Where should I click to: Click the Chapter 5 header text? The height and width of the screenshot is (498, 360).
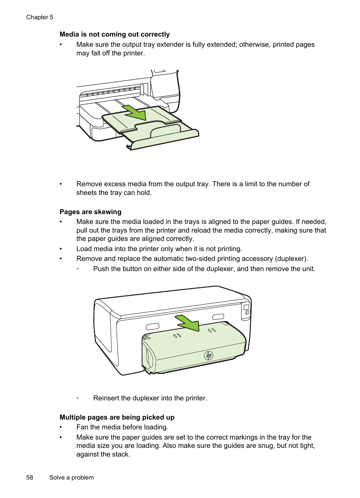(40, 17)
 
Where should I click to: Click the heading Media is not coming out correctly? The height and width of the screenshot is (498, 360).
(114, 34)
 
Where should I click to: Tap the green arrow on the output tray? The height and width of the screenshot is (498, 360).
(135, 112)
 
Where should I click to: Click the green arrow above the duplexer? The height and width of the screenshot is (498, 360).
(188, 323)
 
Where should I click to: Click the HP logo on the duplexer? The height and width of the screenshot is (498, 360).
(209, 355)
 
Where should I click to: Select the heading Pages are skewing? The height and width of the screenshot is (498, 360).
(90, 212)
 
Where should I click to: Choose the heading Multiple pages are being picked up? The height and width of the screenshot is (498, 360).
(117, 417)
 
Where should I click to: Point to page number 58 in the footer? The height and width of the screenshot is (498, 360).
(29, 478)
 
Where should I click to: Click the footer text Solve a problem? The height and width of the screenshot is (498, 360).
(71, 478)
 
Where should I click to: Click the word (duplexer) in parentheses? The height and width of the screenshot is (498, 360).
(291, 259)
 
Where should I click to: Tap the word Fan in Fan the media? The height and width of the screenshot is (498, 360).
(82, 427)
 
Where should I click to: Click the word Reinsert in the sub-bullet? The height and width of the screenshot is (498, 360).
(106, 398)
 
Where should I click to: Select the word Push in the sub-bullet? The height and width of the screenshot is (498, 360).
(101, 269)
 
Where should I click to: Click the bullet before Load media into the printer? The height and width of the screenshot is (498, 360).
(61, 249)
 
